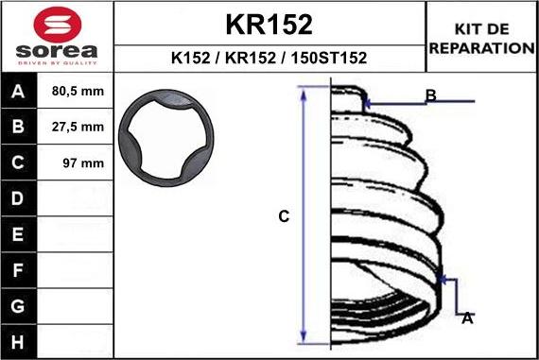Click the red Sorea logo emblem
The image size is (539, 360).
[x=56, y=23]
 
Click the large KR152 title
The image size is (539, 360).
[x=269, y=23]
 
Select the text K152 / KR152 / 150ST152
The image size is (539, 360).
[x=269, y=58]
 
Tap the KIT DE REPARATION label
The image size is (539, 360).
[x=482, y=39]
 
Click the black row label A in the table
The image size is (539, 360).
[x=18, y=93]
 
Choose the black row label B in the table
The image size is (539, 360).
[x=18, y=128]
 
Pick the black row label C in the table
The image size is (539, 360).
[x=18, y=163]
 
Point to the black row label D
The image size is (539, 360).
[x=18, y=198]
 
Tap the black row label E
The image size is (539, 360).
[x=18, y=233]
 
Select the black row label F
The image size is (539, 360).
[x=18, y=269]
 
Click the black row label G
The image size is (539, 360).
[x=18, y=305]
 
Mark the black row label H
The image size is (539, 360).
[x=18, y=340]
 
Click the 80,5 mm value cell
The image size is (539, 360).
[x=75, y=93]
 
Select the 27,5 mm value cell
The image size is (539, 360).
[x=75, y=128]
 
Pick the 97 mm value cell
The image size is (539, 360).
[x=75, y=163]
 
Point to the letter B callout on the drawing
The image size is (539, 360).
[x=430, y=95]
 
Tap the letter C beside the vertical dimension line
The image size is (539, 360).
[x=283, y=216]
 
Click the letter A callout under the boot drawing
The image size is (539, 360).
[x=466, y=318]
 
